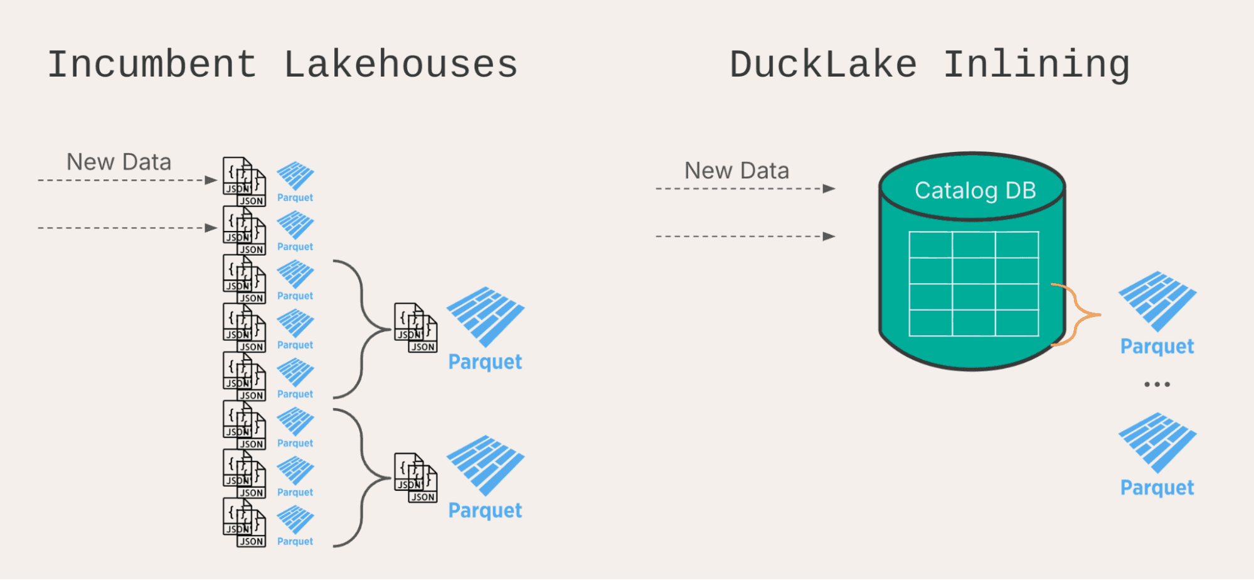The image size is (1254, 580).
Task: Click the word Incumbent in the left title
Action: (152, 65)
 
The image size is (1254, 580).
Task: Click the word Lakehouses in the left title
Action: (400, 65)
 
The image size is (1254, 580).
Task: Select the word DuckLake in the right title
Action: (822, 65)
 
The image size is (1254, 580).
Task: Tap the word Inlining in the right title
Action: (1036, 65)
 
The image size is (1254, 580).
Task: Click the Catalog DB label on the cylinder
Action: (975, 190)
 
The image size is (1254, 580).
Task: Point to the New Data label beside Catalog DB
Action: (736, 171)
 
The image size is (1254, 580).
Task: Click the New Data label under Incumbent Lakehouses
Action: (119, 162)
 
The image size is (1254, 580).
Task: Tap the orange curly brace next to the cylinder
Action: (1075, 314)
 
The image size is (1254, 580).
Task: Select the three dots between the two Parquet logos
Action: (1157, 384)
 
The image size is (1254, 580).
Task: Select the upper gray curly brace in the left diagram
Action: (362, 329)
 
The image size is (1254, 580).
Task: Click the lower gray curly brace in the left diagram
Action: (362, 478)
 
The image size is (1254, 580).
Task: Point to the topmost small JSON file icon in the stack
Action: (244, 181)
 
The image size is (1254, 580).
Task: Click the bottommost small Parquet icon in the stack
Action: (295, 520)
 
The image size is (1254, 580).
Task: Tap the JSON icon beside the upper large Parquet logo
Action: (415, 328)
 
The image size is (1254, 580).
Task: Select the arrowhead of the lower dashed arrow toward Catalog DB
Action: (829, 237)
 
